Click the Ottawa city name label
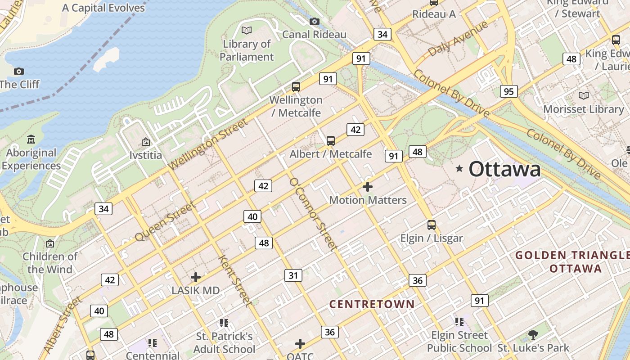[504, 169]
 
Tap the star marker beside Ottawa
[459, 169]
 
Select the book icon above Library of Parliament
[247, 30]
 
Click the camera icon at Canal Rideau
[315, 21]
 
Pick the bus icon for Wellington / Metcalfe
[296, 86]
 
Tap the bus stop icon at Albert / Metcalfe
[331, 141]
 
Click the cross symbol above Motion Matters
[368, 186]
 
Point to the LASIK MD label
[196, 291]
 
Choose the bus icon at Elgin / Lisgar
[432, 225]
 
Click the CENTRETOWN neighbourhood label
[372, 304]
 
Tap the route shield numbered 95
[508, 92]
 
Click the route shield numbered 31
[293, 275]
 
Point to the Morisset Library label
[584, 109]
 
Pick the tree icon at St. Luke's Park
[533, 335]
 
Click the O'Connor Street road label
[313, 214]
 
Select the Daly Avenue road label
[458, 39]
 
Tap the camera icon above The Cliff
[18, 71]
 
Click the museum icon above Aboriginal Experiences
[31, 139]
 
